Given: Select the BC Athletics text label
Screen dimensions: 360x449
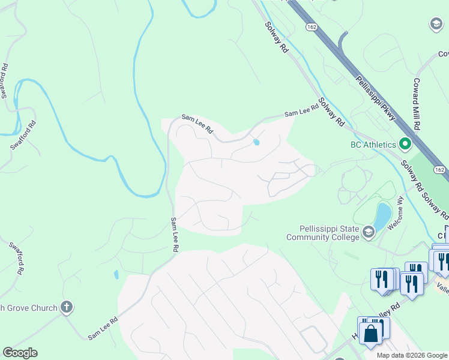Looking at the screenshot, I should (373, 145).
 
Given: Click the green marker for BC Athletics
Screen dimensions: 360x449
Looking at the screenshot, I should (405, 144).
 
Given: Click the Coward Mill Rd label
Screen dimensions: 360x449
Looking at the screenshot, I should (415, 103).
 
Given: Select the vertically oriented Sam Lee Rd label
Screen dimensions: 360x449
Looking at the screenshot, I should (175, 234).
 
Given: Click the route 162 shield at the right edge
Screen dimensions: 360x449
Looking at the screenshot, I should (441, 171).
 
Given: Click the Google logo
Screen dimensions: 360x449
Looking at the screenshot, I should (20, 353).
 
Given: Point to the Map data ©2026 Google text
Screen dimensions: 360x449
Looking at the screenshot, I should (411, 355).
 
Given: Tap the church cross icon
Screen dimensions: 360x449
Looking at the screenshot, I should (67, 308).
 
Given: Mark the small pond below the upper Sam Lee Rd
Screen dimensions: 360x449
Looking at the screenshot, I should (257, 142).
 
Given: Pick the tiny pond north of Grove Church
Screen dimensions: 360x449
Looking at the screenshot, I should (116, 275).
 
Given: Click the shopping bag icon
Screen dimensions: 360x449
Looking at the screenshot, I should (371, 333).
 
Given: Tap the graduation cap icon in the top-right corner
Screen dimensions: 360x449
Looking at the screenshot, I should (436, 24).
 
